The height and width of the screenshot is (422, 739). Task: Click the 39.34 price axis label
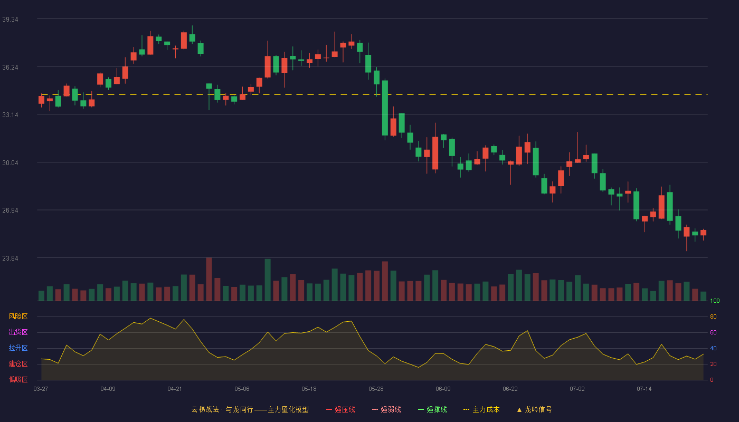pos(10,20)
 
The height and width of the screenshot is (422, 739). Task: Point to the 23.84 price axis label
pos(10,258)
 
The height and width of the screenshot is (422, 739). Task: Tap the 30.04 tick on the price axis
pos(10,163)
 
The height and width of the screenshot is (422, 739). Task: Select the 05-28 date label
pos(376,389)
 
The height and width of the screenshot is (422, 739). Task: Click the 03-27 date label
pos(41,389)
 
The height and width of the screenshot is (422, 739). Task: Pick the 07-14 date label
pos(644,389)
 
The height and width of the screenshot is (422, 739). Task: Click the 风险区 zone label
pos(18,316)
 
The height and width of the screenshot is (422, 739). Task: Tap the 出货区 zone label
pos(18,332)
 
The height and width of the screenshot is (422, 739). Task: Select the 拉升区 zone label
pos(18,348)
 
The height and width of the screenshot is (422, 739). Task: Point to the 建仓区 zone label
pos(18,363)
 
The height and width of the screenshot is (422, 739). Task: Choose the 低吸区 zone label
pos(18,379)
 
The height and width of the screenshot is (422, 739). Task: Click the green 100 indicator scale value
pos(715,301)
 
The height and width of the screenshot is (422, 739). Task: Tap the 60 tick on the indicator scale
pos(713,332)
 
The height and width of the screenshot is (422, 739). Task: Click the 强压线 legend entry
pos(340,409)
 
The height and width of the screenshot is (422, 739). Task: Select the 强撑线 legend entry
pos(432,409)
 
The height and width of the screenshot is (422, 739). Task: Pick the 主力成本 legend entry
pos(481,409)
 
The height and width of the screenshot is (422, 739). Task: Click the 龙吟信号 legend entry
pos(534,409)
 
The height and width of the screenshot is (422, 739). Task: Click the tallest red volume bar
pos(209,279)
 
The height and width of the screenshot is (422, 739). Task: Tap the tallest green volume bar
pos(268,280)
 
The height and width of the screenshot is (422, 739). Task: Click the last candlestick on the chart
pos(703,233)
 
